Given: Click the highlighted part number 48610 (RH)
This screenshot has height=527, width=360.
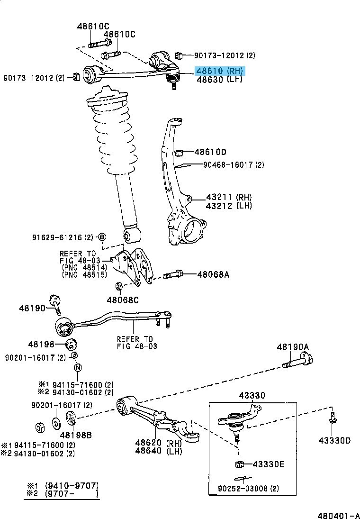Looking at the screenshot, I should [x=220, y=71].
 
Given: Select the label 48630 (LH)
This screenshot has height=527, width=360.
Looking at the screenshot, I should [x=219, y=79].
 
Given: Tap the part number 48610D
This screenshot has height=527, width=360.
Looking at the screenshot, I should [x=210, y=152].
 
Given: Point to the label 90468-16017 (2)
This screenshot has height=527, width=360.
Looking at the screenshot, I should [x=234, y=165].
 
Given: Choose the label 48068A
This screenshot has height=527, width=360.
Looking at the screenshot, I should [x=213, y=274].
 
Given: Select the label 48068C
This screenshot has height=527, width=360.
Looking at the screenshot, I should [x=123, y=300].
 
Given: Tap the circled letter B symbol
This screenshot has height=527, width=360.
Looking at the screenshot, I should [x=101, y=237].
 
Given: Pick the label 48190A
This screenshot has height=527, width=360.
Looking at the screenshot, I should [x=293, y=348].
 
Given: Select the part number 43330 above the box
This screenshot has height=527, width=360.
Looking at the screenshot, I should [x=252, y=395].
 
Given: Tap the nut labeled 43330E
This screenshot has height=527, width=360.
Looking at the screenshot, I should [x=239, y=463].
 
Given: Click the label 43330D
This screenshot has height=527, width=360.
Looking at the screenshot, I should [x=334, y=441].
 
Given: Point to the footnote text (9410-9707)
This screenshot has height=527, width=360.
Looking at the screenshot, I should [x=71, y=486].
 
